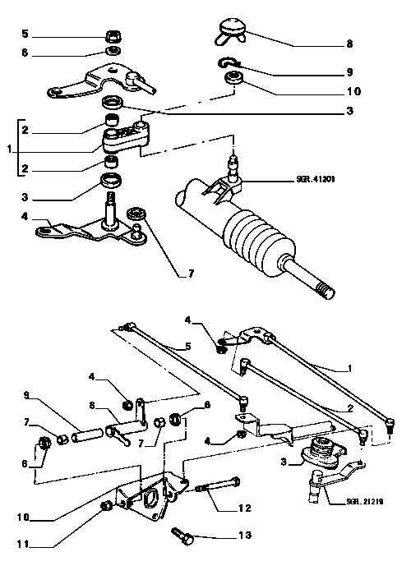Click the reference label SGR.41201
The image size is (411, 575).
tap(315, 180)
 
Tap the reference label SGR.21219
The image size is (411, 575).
tap(364, 502)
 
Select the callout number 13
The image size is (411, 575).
tap(245, 535)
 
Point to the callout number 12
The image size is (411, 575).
tap(245, 508)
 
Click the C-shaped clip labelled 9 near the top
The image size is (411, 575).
tap(228, 63)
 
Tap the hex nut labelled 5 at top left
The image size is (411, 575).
tap(113, 37)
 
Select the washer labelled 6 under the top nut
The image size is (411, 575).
tap(113, 51)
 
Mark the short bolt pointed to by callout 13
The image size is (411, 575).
tap(182, 535)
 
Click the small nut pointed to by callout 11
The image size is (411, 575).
tap(106, 506)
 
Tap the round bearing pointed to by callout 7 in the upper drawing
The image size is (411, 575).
tap(136, 213)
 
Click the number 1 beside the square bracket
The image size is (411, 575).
tap(9, 149)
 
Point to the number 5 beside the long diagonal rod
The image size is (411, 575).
tap(188, 346)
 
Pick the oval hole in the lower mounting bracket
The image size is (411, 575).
tap(150, 499)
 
